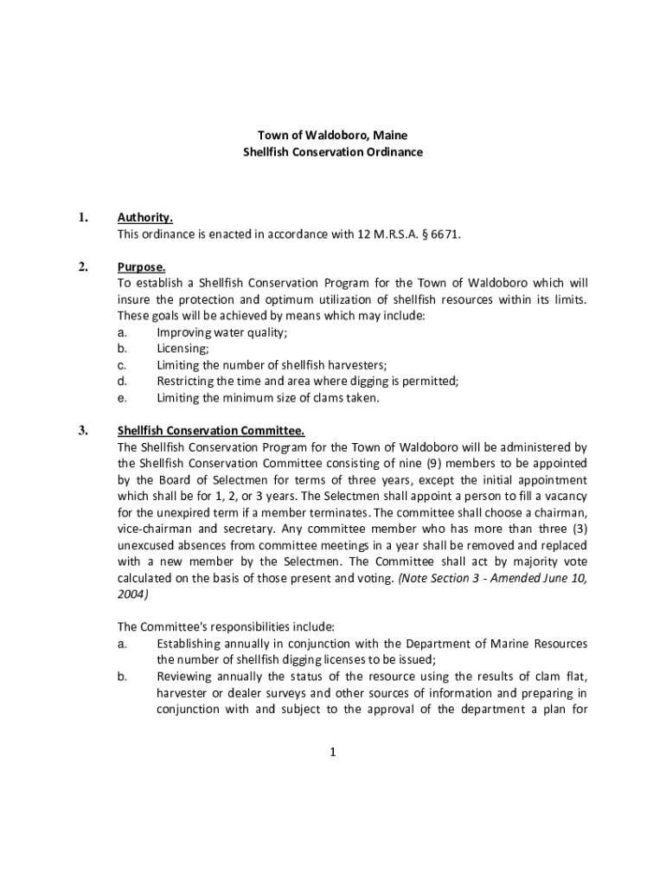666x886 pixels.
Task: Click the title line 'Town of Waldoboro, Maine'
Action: pyautogui.click(x=332, y=136)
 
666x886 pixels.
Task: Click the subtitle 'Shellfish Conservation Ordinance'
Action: pyautogui.click(x=332, y=152)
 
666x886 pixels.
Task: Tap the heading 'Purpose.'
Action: pyautogui.click(x=141, y=266)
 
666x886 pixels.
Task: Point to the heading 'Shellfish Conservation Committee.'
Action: pyautogui.click(x=210, y=431)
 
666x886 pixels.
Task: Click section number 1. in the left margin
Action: pyautogui.click(x=83, y=218)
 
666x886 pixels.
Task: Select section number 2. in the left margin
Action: pyautogui.click(x=83, y=266)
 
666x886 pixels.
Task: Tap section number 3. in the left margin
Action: pyautogui.click(x=83, y=431)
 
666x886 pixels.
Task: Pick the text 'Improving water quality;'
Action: pyautogui.click(x=222, y=332)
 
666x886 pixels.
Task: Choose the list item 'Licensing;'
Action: pyautogui.click(x=183, y=349)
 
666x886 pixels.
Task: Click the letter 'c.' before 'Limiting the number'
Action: pyautogui.click(x=123, y=365)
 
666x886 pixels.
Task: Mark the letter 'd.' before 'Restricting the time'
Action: pyautogui.click(x=123, y=382)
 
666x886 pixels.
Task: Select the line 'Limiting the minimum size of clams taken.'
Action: pyautogui.click(x=267, y=398)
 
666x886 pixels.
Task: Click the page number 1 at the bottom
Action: pyautogui.click(x=332, y=752)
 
